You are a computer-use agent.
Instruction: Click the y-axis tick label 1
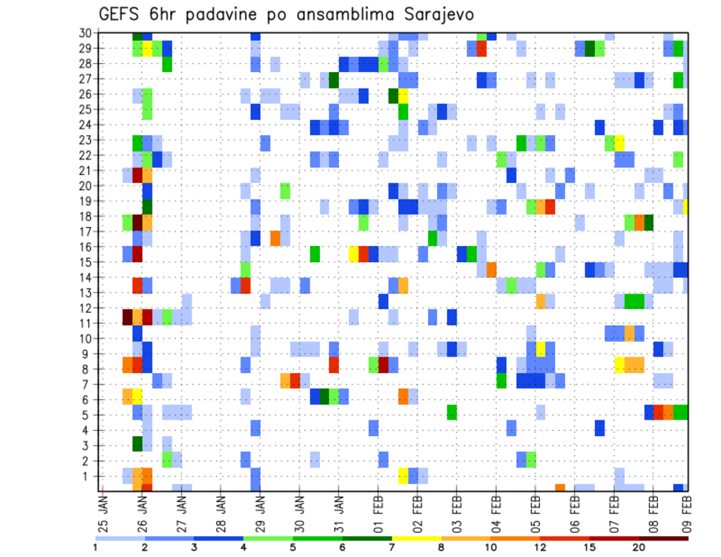click(x=88, y=476)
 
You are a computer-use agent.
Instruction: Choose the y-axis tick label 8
click(x=88, y=369)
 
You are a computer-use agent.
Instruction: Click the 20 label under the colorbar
click(x=639, y=547)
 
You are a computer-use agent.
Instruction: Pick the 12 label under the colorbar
click(x=540, y=547)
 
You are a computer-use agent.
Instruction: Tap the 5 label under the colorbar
click(x=293, y=547)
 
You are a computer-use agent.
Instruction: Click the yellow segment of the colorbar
click(x=416, y=538)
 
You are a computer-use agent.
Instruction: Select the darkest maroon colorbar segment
click(x=663, y=538)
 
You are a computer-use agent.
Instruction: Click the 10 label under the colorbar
click(x=490, y=547)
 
